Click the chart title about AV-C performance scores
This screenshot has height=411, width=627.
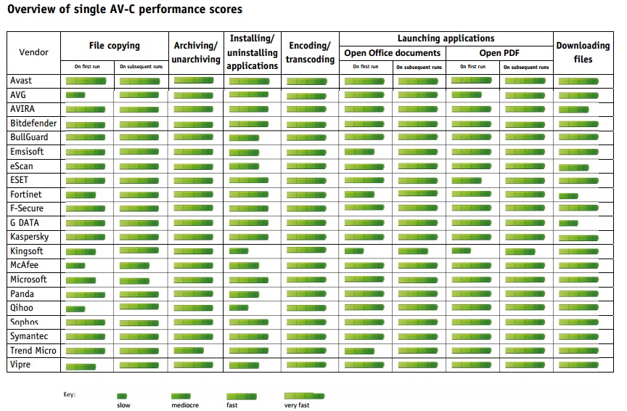pyautogui.click(x=125, y=10)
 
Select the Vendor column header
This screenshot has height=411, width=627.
pyautogui.click(x=34, y=52)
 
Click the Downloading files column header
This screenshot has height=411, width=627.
pyautogui.click(x=583, y=52)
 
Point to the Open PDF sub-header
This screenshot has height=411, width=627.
pyautogui.click(x=499, y=53)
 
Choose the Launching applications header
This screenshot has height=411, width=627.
pyautogui.click(x=446, y=38)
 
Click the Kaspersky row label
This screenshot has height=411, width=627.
pyautogui.click(x=29, y=237)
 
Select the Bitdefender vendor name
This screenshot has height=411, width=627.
pyautogui.click(x=33, y=123)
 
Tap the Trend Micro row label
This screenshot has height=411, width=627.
pyautogui.click(x=33, y=351)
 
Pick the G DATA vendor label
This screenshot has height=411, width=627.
pyautogui.click(x=25, y=223)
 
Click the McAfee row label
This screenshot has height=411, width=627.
pyautogui.click(x=25, y=265)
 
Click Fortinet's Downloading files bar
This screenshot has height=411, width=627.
pyautogui.click(x=568, y=196)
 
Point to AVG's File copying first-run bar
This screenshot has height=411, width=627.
pyautogui.click(x=75, y=95)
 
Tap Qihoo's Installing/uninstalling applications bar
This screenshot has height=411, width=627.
pyautogui.click(x=239, y=308)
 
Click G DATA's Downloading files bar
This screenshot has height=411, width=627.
pyautogui.click(x=568, y=224)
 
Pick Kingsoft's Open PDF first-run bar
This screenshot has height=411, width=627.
pyautogui.click(x=462, y=251)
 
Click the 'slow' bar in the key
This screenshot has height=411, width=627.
pyautogui.click(x=122, y=396)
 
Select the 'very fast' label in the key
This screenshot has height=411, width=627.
pyautogui.click(x=297, y=405)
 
